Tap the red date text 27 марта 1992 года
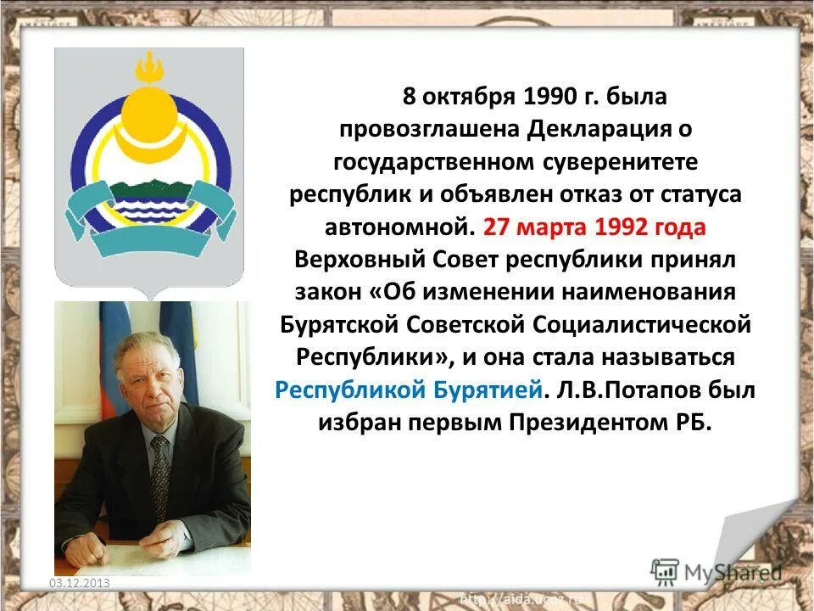coord(594,227)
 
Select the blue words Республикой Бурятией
coord(410,390)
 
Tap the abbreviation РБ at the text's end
coord(694,422)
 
